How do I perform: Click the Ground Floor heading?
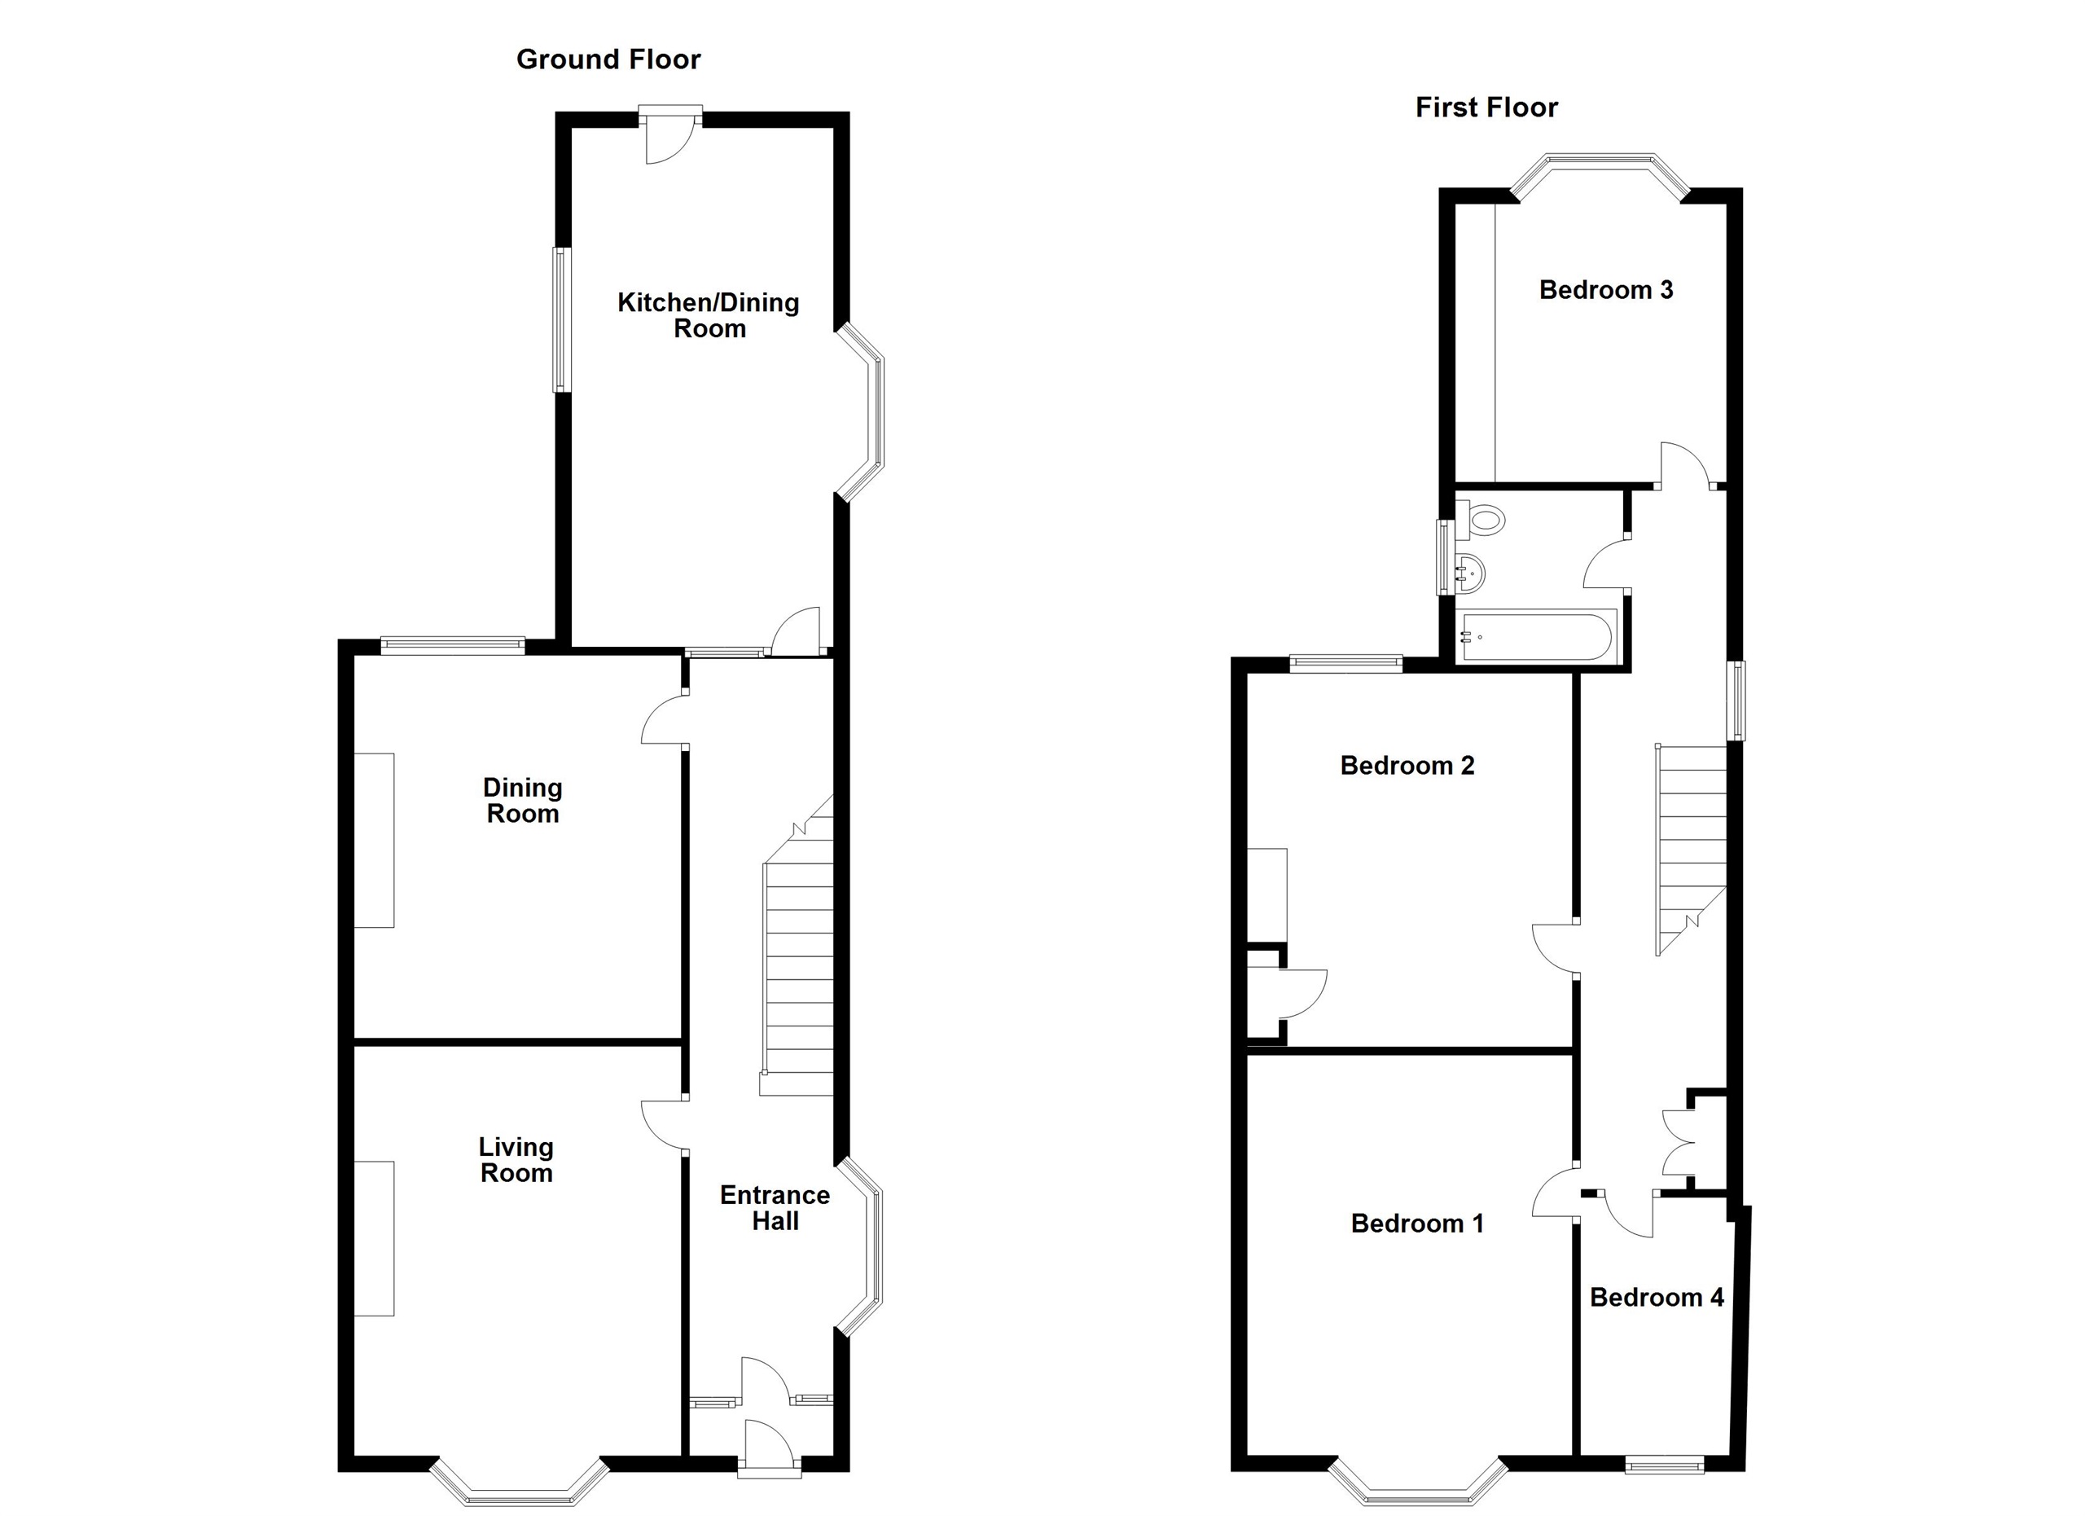pos(608,59)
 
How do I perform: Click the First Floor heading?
pos(1486,108)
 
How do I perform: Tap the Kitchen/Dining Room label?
pos(708,315)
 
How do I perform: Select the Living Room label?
pos(516,1159)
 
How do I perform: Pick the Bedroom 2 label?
pos(1407,765)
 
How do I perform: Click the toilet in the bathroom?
pos(1482,520)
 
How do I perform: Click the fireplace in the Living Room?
pos(374,1237)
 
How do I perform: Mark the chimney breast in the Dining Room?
pos(374,841)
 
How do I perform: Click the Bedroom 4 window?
pos(1664,1465)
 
